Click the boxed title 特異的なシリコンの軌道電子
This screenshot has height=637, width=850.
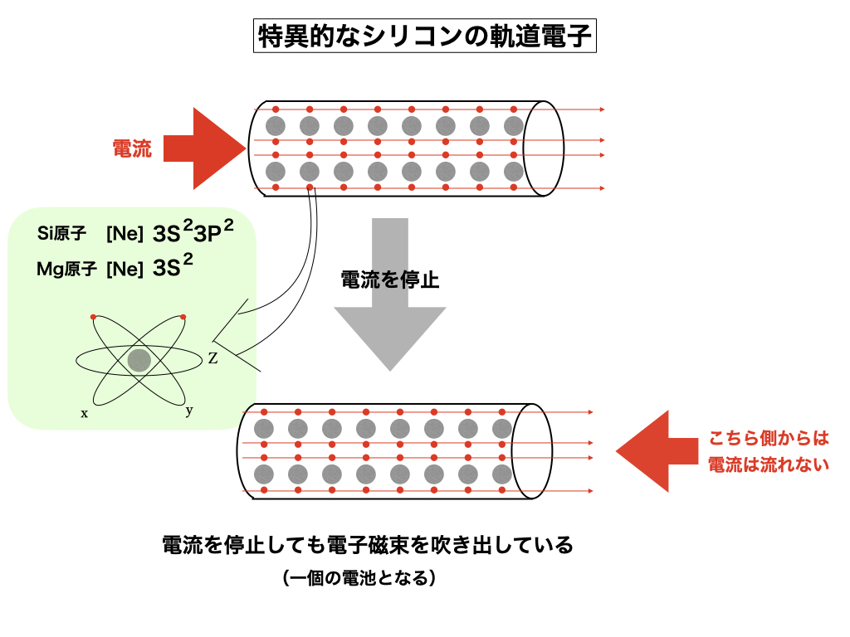(424, 37)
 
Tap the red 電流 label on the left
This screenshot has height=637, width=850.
(132, 149)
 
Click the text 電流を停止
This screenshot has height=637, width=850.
(389, 280)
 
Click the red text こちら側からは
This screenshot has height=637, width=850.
(768, 439)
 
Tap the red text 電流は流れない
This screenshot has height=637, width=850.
(768, 464)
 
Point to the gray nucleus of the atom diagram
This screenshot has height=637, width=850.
(139, 360)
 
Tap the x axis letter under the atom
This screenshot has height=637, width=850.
(84, 412)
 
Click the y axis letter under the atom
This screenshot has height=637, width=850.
(189, 410)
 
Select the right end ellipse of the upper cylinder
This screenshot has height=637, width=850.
(543, 148)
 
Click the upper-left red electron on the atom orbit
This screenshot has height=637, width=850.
(93, 317)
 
